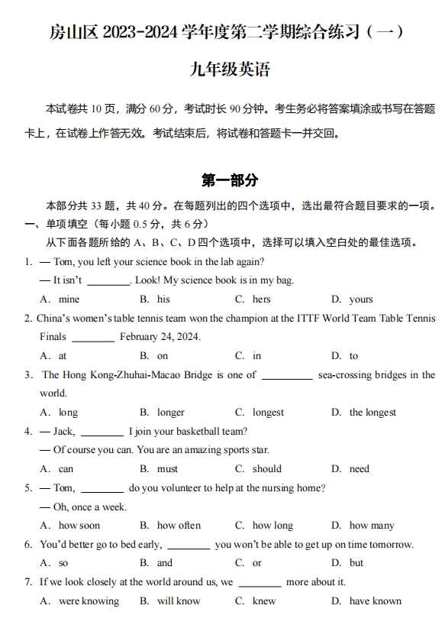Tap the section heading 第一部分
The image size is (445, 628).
230,181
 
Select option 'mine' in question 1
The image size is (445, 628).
69,299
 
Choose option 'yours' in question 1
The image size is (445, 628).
361,299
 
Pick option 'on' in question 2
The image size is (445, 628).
163,356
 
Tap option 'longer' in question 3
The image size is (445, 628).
171,413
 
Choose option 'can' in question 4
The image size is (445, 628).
66,469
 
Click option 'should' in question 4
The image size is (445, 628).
267,469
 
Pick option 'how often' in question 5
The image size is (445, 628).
179,526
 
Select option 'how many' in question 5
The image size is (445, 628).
372,526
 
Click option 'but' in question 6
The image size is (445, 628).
356,563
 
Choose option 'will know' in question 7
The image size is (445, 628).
179,601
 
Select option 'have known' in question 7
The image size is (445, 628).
375,601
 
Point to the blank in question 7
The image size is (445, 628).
260,583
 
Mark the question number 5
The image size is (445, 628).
27,488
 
